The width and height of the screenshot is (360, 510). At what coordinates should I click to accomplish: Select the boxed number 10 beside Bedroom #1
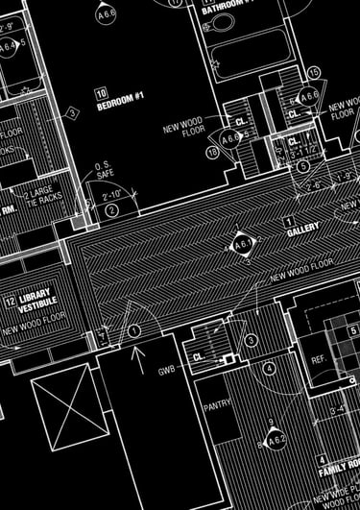100,93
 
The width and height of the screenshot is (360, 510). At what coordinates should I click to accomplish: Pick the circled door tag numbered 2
112,209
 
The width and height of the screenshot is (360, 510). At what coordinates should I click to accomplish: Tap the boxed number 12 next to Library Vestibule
9,302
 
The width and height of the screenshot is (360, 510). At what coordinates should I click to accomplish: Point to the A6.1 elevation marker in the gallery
240,246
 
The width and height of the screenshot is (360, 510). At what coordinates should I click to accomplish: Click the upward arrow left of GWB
139,359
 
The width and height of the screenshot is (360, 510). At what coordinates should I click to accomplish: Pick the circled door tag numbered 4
270,368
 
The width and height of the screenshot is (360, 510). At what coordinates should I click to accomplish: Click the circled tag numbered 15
314,73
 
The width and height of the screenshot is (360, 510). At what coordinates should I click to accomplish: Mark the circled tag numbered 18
212,151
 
